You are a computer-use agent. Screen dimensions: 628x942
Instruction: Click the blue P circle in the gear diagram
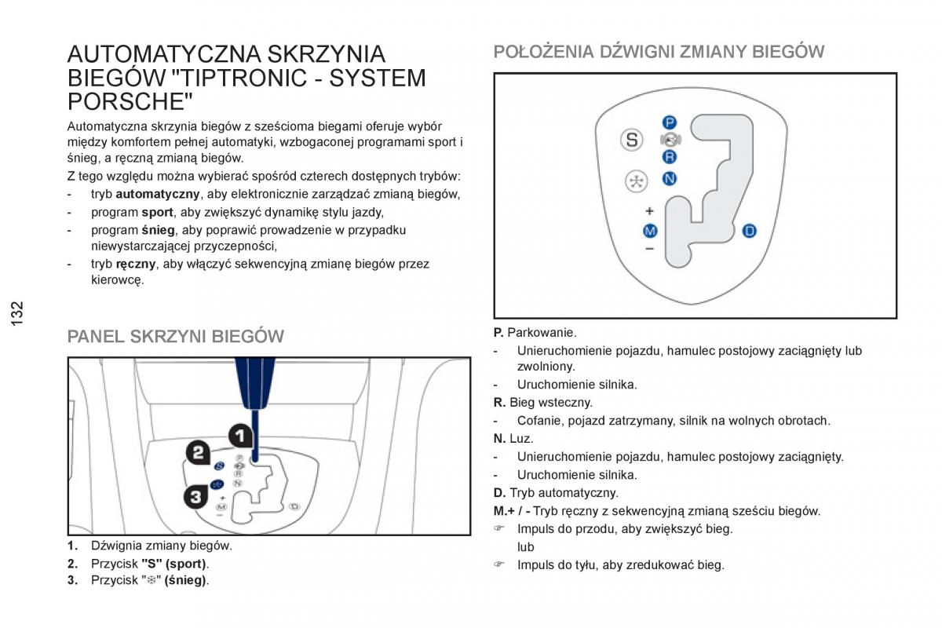point(669,122)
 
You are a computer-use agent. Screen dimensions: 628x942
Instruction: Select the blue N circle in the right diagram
point(669,179)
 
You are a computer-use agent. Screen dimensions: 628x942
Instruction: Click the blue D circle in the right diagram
point(749,231)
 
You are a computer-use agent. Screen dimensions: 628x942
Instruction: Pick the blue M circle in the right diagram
point(650,231)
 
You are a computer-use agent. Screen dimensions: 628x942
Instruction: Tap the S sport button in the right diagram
point(632,140)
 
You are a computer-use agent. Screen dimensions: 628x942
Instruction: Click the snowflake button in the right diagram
point(633,181)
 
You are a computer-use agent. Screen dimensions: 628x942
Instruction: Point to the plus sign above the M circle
point(649,211)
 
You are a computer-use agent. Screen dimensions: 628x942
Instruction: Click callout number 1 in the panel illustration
point(240,436)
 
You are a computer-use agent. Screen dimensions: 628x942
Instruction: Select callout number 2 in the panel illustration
point(198,451)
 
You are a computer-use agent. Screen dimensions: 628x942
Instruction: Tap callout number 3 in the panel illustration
point(196,495)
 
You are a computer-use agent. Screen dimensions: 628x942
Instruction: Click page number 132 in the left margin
point(18,312)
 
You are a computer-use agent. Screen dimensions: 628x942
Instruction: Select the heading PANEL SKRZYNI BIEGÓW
point(176,337)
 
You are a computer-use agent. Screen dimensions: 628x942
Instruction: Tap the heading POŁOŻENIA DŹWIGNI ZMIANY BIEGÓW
point(659,52)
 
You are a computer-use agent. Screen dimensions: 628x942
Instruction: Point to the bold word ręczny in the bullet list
point(136,265)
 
